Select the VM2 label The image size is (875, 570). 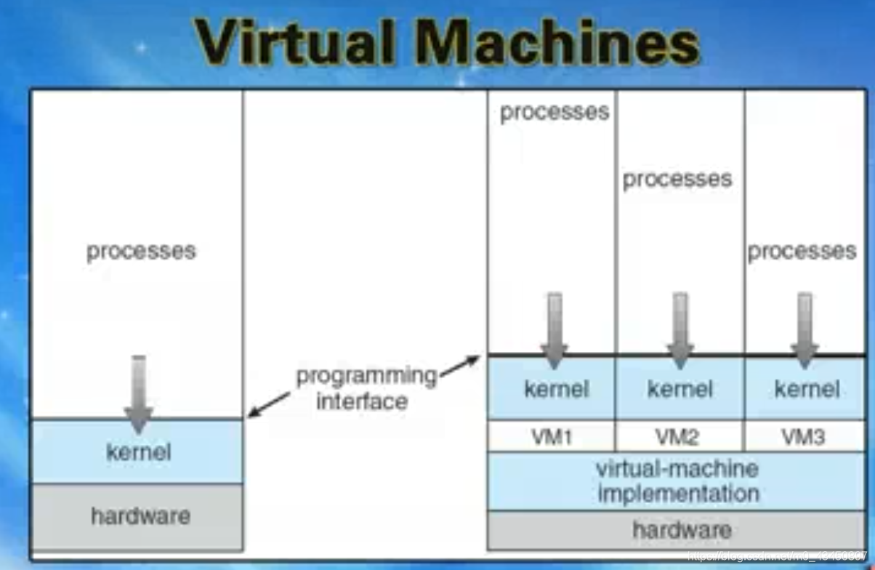(679, 438)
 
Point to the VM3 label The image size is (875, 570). (804, 438)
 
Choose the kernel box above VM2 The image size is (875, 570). (679, 390)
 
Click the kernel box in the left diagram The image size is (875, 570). (137, 452)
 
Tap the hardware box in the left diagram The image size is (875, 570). (140, 516)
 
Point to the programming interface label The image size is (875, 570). (366, 388)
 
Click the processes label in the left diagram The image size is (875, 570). (141, 252)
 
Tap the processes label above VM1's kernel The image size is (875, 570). (555, 112)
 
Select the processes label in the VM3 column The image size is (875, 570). (802, 252)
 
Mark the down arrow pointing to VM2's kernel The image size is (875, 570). (680, 329)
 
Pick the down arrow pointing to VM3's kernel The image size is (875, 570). (804, 329)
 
